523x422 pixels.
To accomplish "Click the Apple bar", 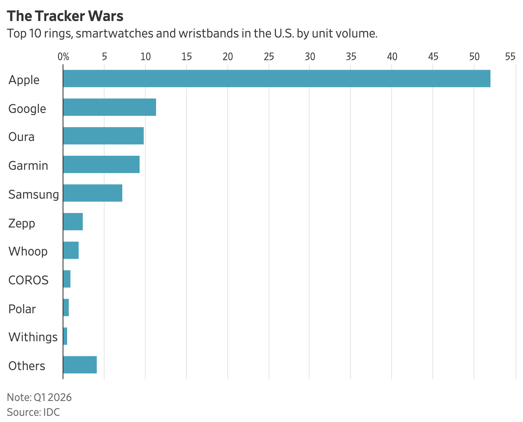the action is click(x=277, y=78).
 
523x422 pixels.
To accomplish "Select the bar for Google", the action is click(x=110, y=107).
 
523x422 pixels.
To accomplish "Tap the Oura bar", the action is click(x=103, y=136).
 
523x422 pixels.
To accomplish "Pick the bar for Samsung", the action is click(x=93, y=193).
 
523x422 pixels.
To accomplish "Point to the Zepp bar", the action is click(x=73, y=222).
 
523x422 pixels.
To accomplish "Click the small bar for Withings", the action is click(x=65, y=336).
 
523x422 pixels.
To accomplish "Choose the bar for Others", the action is click(x=80, y=365).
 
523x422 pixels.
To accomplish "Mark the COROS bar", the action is click(x=67, y=279).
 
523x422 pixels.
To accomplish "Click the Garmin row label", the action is click(x=28, y=166).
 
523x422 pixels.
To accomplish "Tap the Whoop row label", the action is click(x=28, y=251).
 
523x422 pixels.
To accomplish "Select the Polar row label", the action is click(x=22, y=309).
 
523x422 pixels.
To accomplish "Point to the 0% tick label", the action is click(x=63, y=57).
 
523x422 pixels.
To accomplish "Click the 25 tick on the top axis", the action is click(x=269, y=57).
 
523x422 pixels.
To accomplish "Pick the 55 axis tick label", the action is click(x=510, y=57).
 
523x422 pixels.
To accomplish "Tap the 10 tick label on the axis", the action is click(x=145, y=57).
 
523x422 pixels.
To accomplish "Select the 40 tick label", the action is click(x=392, y=57).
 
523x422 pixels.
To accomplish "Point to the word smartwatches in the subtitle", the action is click(x=114, y=33).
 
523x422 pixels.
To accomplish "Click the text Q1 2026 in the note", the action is click(x=52, y=397).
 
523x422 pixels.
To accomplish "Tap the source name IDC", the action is click(x=51, y=412).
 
